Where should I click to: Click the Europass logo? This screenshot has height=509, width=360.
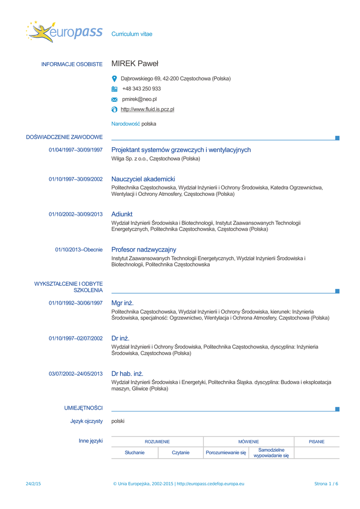[x=64, y=32]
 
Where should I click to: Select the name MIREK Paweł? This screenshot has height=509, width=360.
[x=135, y=64]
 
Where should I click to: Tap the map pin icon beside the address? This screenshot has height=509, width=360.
[x=114, y=79]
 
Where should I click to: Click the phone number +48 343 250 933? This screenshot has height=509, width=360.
[x=141, y=89]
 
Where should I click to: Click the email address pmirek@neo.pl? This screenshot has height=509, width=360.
[x=139, y=99]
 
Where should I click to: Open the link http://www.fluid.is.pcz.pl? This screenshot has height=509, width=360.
[x=147, y=109]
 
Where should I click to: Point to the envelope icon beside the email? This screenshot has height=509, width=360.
[x=114, y=99]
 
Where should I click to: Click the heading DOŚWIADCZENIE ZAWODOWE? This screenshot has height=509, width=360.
[x=64, y=137]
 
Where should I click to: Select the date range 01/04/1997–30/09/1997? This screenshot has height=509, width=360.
[x=76, y=150]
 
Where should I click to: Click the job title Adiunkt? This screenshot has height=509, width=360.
[x=122, y=214]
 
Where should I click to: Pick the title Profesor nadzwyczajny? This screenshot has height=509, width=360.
[x=144, y=250]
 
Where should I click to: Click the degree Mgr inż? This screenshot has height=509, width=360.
[x=122, y=303]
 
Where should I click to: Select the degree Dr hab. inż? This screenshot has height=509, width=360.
[x=127, y=373]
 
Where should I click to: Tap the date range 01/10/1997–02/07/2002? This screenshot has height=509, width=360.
[x=76, y=339]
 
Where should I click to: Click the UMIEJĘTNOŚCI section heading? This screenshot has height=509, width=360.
[x=84, y=408]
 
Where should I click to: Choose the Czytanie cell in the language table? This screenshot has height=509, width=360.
[x=180, y=453]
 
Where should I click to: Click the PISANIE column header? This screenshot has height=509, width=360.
[x=317, y=441]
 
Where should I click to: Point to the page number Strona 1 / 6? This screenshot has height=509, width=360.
[x=326, y=484]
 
